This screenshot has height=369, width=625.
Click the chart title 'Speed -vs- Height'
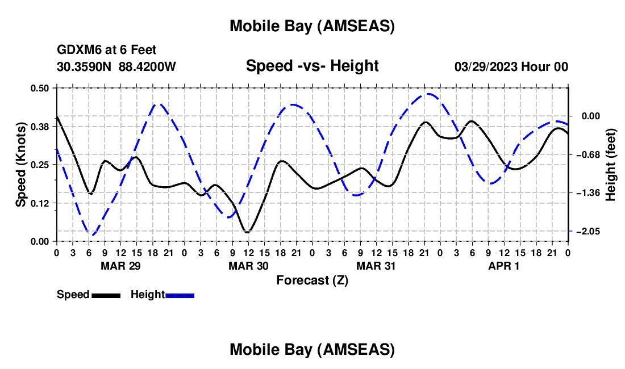click(x=312, y=66)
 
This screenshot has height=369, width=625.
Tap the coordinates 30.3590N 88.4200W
click(x=116, y=66)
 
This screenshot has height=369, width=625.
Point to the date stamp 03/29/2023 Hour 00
click(x=511, y=66)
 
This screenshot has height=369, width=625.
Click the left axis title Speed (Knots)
click(x=20, y=164)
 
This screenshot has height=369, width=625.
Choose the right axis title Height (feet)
click(x=611, y=165)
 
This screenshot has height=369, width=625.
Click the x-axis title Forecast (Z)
click(x=312, y=280)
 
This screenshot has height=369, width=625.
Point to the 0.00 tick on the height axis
click(x=589, y=116)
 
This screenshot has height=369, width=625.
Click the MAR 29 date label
click(x=120, y=266)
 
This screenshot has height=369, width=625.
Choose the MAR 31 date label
click(x=376, y=266)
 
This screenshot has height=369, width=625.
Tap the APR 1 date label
click(x=504, y=266)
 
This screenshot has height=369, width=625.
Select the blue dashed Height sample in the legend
click(x=180, y=295)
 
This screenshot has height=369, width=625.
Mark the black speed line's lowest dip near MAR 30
click(x=247, y=232)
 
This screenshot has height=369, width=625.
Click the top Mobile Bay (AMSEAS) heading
click(x=312, y=26)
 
